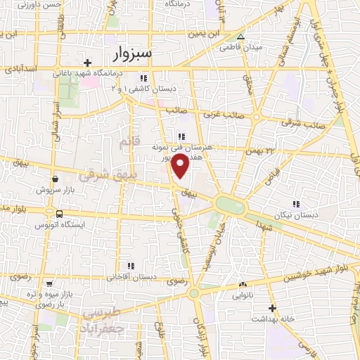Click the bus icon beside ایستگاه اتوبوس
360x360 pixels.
(58, 213)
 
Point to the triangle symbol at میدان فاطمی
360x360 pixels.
(240, 37)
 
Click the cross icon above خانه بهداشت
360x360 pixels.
(271, 308)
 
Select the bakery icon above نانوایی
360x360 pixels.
(243, 285)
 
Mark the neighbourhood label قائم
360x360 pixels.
(125, 143)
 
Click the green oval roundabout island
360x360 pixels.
(230, 205)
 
